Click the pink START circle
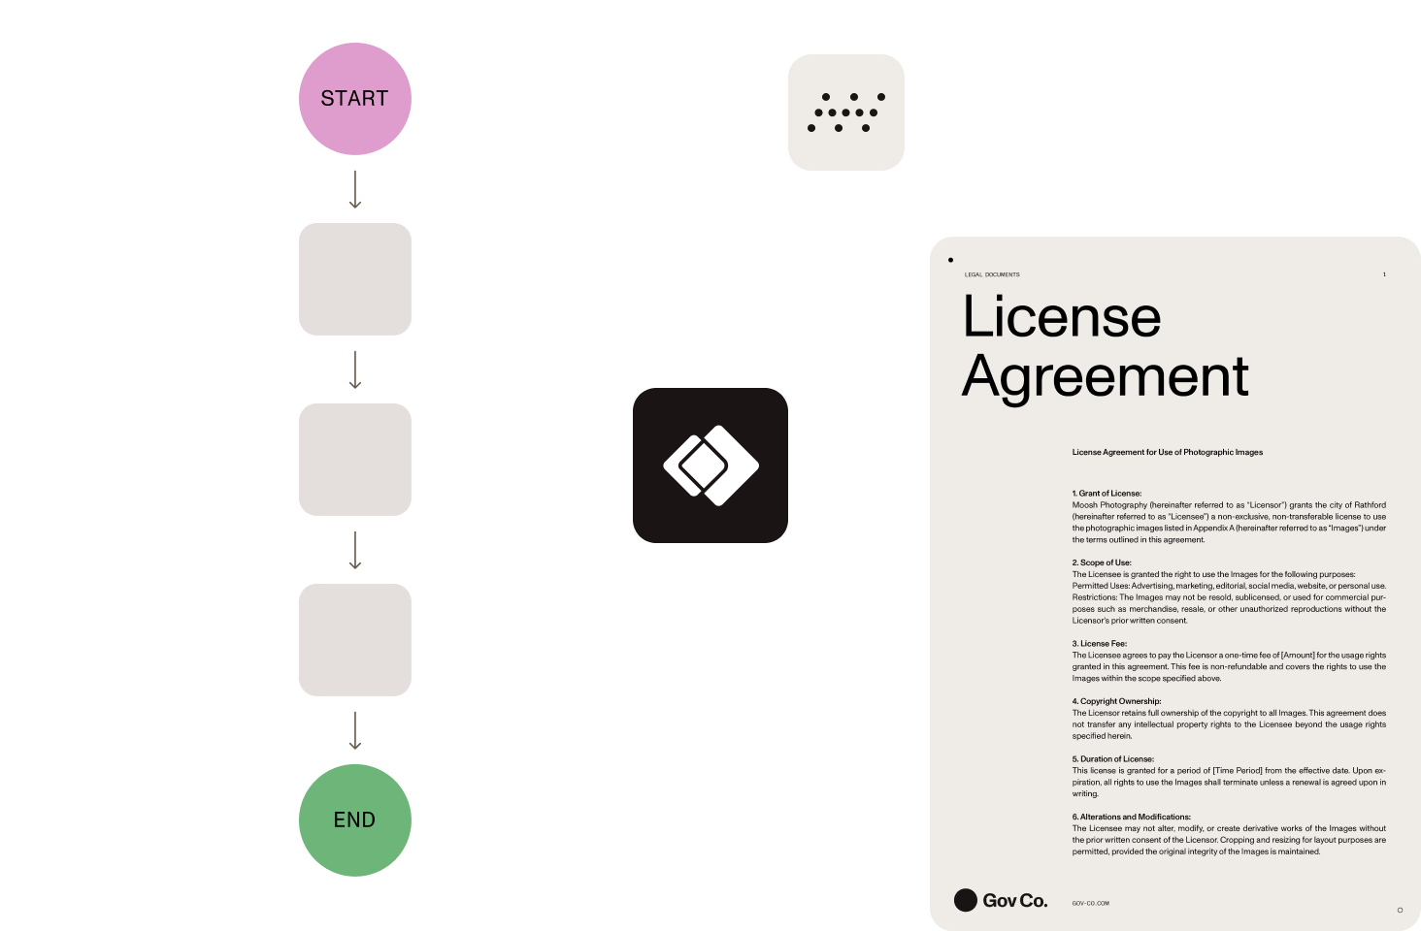coord(354,99)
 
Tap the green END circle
coord(354,820)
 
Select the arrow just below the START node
coord(354,189)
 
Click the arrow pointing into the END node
coord(354,730)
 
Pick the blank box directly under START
coord(354,279)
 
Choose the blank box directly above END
coord(354,640)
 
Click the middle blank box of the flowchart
coord(354,460)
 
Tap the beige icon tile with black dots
coord(846,112)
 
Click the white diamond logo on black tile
coord(710,465)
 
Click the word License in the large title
coord(1061,317)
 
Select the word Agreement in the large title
coord(1105,376)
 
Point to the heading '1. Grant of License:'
coord(1107,494)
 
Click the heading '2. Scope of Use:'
coord(1102,562)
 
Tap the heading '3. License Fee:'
coord(1099,644)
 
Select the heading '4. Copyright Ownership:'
coord(1116,701)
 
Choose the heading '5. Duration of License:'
coord(1112,759)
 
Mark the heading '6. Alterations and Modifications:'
coord(1131,817)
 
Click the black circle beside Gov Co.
coord(965,901)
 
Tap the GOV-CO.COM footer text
coord(1090,903)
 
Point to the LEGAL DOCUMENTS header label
coord(992,274)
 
